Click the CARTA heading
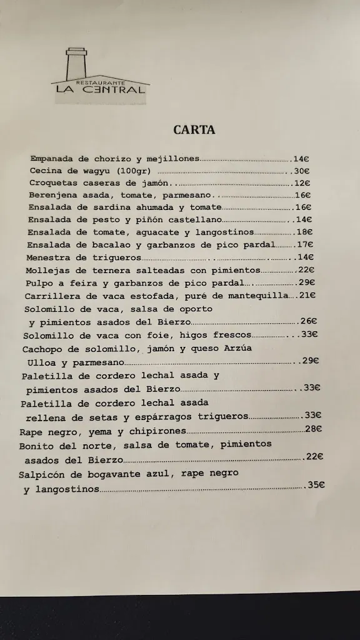194,130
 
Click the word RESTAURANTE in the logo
99,82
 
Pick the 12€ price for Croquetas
302,183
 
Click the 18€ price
304,232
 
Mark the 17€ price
305,244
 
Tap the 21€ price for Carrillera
307,296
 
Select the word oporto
195,309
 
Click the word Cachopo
43,348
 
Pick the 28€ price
313,429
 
